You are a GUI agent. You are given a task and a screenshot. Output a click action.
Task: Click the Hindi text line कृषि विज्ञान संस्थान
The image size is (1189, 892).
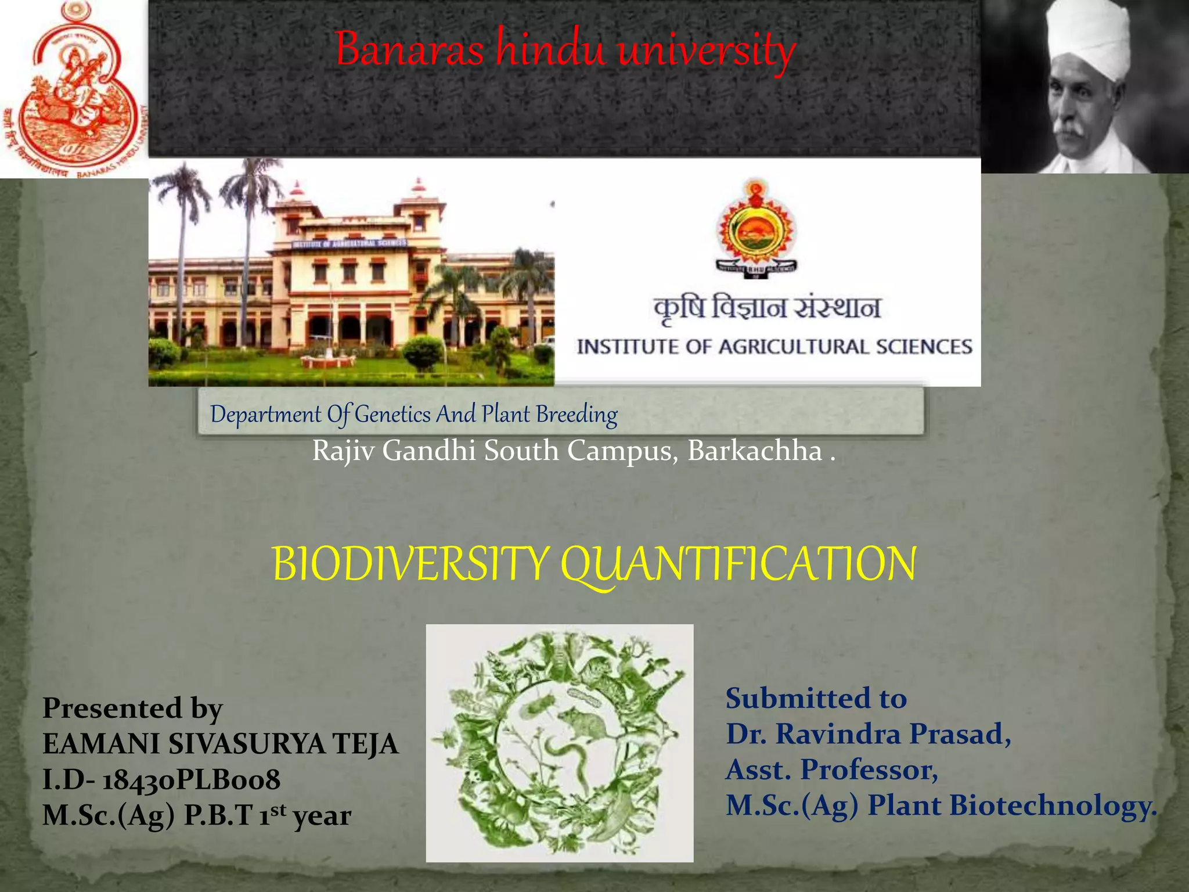pyautogui.click(x=768, y=308)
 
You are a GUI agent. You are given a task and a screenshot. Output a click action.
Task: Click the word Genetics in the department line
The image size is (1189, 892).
pyautogui.click(x=393, y=415)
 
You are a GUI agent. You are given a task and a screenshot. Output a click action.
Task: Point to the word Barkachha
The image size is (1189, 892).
pyautogui.click(x=755, y=451)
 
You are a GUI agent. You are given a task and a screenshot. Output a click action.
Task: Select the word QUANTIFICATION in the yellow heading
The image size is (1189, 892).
pyautogui.click(x=738, y=565)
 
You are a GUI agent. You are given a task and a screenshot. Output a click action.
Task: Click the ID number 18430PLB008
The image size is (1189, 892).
pyautogui.click(x=192, y=780)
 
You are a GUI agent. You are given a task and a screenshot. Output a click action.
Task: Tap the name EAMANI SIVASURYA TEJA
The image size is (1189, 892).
pyautogui.click(x=221, y=744)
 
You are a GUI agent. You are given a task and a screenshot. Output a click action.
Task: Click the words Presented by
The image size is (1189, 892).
pyautogui.click(x=132, y=708)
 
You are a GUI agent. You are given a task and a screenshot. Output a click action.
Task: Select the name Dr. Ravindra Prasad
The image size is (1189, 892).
pyautogui.click(x=867, y=734)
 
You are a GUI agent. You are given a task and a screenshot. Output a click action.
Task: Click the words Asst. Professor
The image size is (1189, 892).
pyautogui.click(x=831, y=770)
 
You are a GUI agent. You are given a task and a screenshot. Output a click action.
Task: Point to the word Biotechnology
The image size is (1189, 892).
pyautogui.click(x=1052, y=806)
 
